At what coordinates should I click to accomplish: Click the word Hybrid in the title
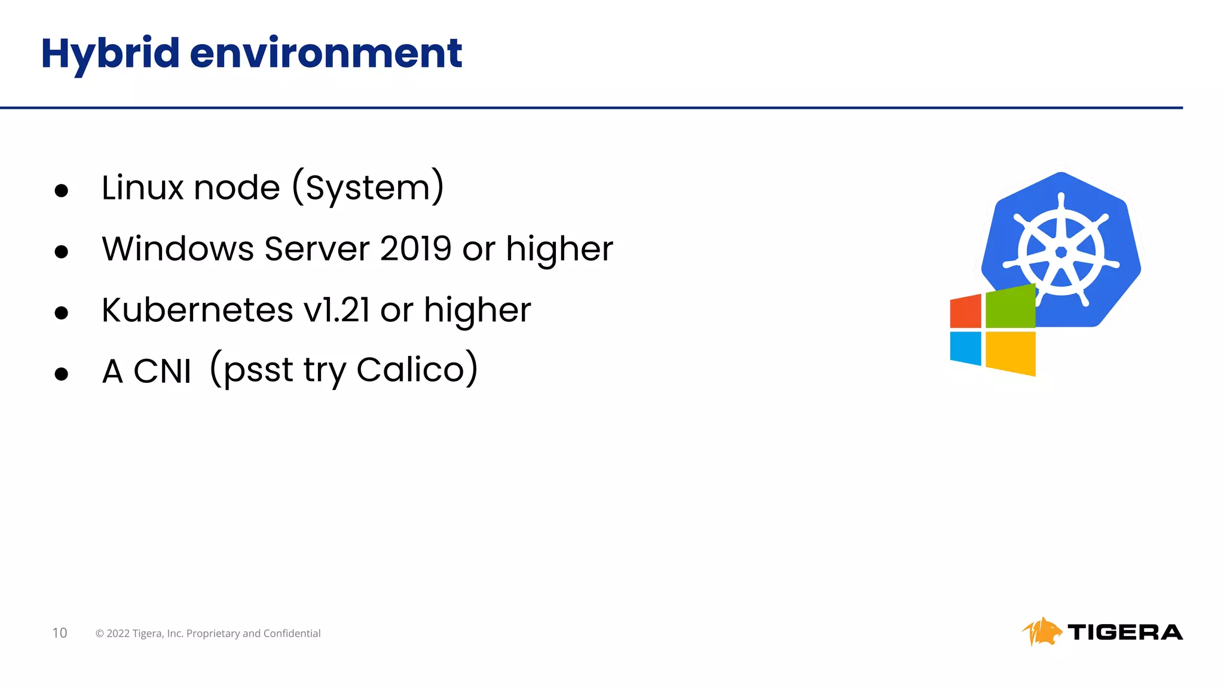coord(110,54)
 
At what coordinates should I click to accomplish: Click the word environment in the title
coord(326,54)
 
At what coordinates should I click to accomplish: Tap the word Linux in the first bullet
coord(142,188)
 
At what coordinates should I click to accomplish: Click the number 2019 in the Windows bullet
coord(415,248)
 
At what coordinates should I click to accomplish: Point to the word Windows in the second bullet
coord(178,248)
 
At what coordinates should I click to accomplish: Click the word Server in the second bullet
coord(317,248)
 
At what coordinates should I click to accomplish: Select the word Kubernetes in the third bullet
coord(197,310)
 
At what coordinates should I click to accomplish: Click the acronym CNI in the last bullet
coord(162,371)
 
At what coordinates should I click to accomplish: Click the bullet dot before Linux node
coord(61,191)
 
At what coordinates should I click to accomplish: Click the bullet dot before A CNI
coord(61,374)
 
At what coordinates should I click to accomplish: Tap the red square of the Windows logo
coord(965,311)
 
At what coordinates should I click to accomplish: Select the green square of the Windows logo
coord(1010,307)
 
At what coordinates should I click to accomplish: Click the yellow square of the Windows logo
coord(1010,353)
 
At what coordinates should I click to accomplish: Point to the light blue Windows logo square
coord(965,348)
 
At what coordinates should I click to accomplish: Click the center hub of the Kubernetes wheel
coord(1061,252)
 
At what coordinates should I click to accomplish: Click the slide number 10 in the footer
coord(60,633)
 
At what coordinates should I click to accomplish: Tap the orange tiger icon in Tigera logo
coord(1041,632)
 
